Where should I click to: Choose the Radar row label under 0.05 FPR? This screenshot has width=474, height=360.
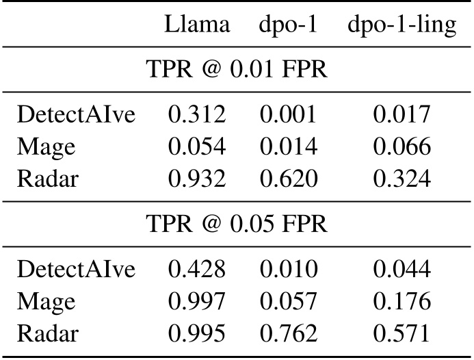47,333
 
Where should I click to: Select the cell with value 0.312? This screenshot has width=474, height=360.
196,115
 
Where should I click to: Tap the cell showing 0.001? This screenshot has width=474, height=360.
287,115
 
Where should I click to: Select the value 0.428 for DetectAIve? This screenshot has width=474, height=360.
196,270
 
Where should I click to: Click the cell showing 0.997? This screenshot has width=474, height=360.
196,302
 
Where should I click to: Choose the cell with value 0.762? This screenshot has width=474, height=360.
287,333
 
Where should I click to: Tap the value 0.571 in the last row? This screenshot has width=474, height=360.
401,333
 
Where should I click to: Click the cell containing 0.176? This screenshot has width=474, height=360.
401,302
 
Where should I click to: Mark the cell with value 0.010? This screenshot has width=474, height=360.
287,270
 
